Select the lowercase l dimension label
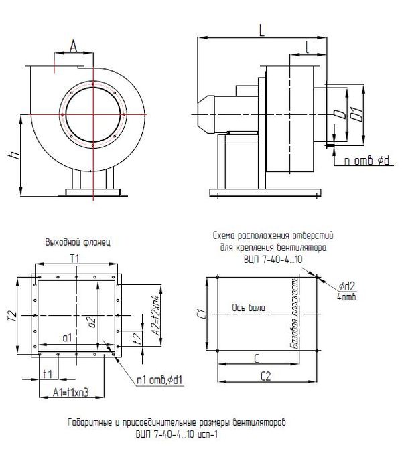(x=306, y=48)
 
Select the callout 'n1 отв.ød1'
(x=160, y=381)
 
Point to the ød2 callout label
(x=346, y=286)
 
